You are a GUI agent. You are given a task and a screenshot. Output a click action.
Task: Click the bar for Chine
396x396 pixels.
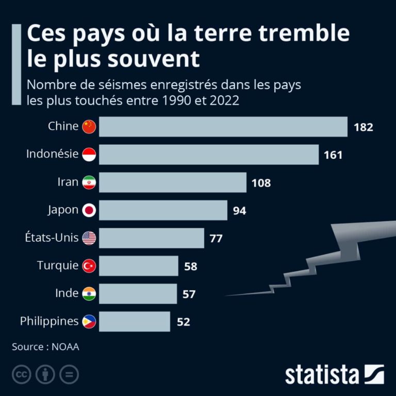click(223, 127)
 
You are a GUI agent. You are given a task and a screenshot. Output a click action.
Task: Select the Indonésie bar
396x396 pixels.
click(208, 155)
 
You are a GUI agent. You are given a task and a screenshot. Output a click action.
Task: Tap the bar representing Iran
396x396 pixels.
click(172, 183)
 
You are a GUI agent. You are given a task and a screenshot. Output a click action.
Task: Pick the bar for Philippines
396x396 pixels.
click(134, 322)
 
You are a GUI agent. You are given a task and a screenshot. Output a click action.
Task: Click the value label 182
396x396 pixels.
click(363, 127)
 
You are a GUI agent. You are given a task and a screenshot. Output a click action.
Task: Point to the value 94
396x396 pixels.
click(239, 210)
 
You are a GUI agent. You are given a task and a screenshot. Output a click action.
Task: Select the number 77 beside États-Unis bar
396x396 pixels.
click(216, 238)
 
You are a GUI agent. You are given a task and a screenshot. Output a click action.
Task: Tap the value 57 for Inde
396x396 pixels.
click(189, 294)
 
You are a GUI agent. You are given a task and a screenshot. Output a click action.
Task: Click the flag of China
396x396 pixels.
click(89, 126)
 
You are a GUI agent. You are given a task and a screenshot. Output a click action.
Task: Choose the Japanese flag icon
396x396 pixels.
click(89, 210)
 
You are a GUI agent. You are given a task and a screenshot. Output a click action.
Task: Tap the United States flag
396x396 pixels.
click(89, 238)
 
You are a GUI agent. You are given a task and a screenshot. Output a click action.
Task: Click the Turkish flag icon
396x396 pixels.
click(89, 266)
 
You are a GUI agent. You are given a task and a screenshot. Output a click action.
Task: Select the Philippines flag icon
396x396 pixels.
click(89, 322)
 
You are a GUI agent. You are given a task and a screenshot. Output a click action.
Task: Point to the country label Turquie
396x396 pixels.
click(58, 266)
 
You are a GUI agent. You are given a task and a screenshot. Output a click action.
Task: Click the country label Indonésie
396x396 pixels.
click(53, 154)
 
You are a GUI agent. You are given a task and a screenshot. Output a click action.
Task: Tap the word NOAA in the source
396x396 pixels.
click(65, 347)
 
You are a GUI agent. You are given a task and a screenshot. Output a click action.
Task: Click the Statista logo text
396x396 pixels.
click(322, 374)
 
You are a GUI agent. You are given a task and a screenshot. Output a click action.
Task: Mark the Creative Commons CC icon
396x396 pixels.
click(22, 375)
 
